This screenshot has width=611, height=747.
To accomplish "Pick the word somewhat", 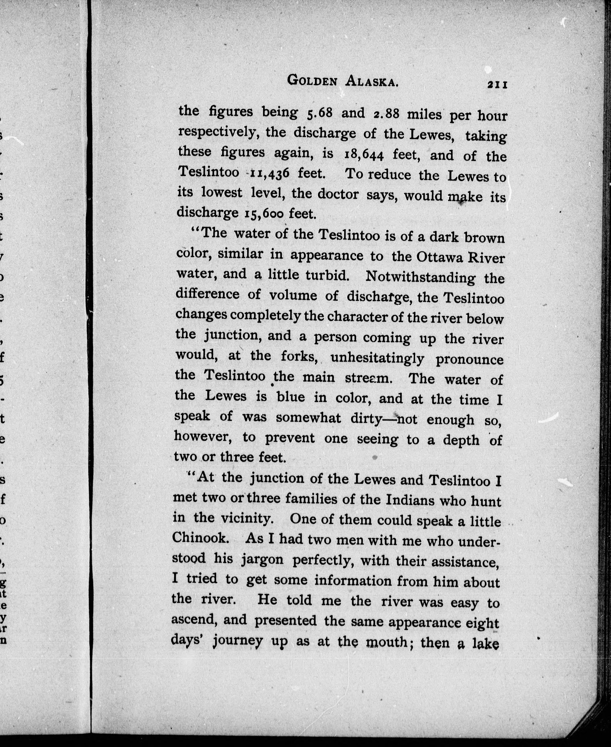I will click(308, 418).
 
